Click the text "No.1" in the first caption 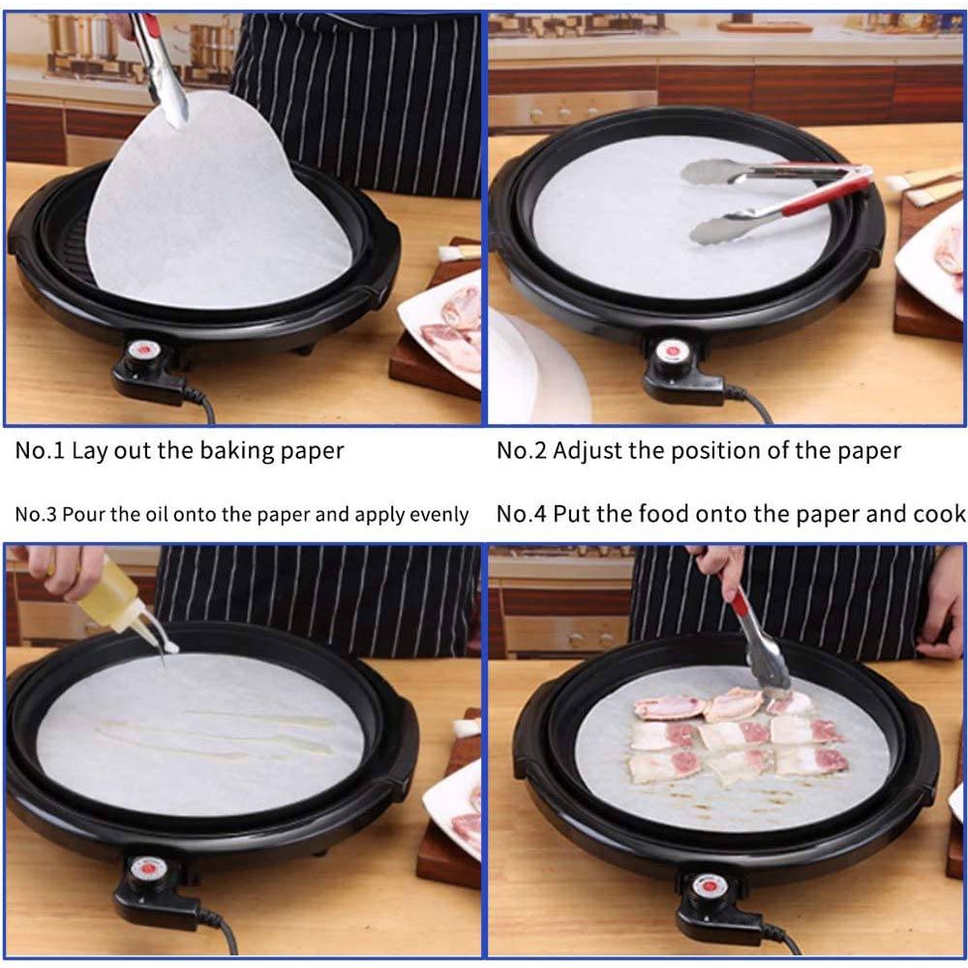pyautogui.click(x=40, y=450)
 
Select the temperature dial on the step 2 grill pyautogui.click(x=673, y=353)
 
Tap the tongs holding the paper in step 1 pyautogui.click(x=161, y=68)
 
